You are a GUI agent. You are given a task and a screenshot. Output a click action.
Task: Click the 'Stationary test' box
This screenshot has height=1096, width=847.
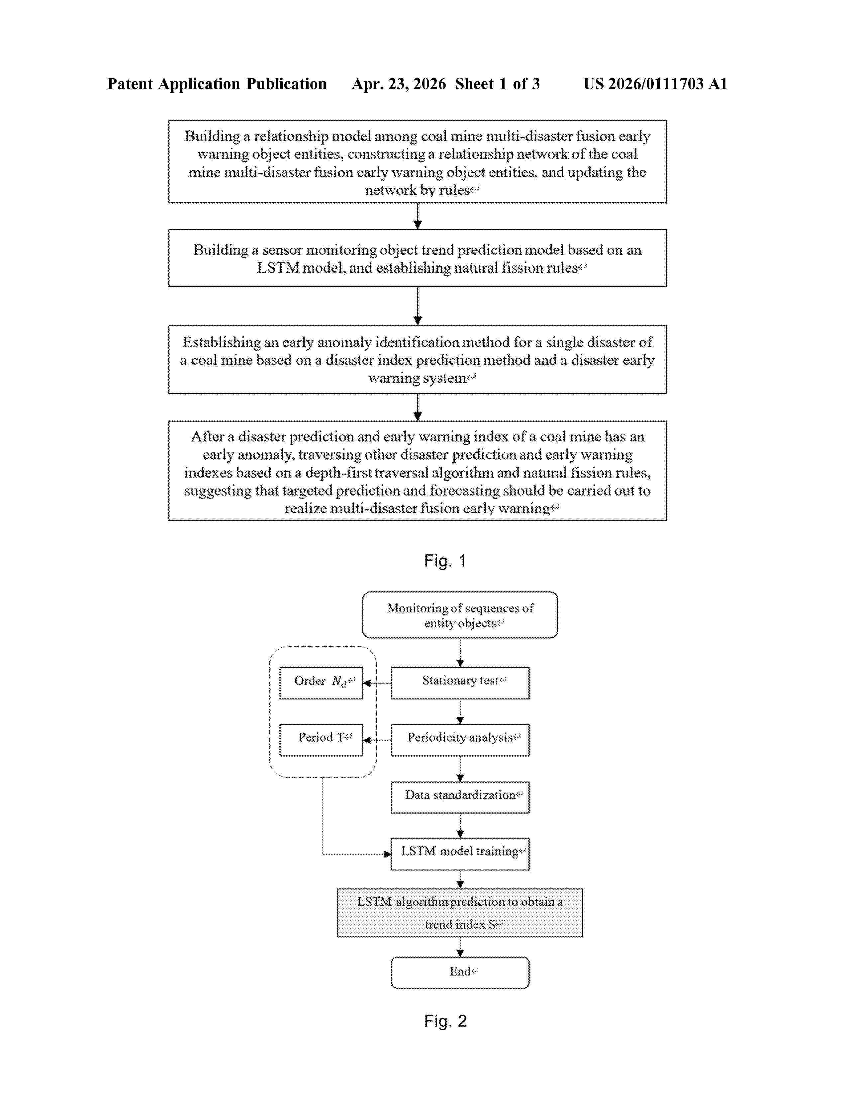(x=460, y=683)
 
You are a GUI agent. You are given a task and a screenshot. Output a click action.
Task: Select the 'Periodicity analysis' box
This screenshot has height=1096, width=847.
(x=460, y=739)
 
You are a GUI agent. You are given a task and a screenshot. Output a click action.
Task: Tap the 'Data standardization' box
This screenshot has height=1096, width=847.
(x=460, y=797)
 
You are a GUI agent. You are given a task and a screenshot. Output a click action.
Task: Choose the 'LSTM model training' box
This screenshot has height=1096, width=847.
(x=460, y=854)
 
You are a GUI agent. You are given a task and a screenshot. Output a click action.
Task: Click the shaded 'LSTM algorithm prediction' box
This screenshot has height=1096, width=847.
(x=460, y=912)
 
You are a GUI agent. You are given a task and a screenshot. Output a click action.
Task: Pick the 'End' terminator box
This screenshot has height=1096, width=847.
(x=460, y=972)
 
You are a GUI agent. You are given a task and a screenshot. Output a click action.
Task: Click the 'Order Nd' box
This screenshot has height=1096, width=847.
(x=321, y=683)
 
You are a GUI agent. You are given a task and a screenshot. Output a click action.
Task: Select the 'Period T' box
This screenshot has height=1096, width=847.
(x=321, y=739)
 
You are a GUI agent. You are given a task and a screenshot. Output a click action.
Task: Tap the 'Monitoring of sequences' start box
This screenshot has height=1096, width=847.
(x=460, y=615)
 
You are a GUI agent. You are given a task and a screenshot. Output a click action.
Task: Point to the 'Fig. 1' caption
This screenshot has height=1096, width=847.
(x=445, y=561)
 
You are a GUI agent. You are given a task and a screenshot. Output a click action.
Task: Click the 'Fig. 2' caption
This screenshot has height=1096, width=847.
(x=445, y=1021)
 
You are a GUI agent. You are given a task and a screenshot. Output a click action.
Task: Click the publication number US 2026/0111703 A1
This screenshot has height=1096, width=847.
(x=655, y=84)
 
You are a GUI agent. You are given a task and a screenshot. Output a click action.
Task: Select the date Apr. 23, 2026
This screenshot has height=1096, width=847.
(x=399, y=84)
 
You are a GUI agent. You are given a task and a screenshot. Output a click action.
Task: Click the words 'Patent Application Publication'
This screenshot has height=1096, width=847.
(x=217, y=84)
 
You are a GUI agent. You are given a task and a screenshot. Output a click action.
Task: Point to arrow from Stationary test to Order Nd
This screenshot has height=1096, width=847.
(x=377, y=683)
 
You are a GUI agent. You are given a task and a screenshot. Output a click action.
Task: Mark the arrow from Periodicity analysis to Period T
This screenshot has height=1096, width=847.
(x=377, y=740)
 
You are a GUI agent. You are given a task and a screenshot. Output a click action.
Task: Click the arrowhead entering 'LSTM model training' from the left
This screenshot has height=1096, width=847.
(x=387, y=854)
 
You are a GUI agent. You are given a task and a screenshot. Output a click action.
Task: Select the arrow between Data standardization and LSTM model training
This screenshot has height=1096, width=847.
(x=460, y=826)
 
